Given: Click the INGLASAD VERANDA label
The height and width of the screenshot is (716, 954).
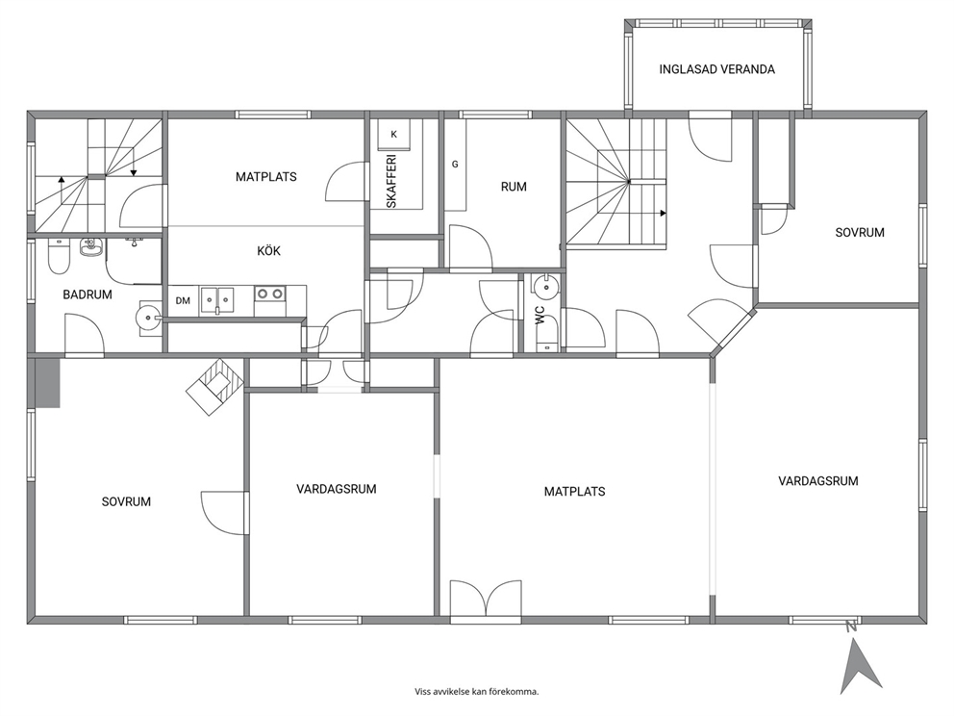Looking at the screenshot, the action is point(716,69).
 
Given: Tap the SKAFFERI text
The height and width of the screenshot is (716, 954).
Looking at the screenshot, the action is point(391,181).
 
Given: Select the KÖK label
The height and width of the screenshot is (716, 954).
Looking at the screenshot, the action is point(268,251).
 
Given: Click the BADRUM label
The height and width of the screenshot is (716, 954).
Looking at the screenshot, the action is point(88,294).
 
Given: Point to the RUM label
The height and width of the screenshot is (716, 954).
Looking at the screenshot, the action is point(514,187).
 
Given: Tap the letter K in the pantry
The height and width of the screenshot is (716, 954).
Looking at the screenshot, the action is point(393,135).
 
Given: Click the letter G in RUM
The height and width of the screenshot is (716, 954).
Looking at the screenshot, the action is point(455,165).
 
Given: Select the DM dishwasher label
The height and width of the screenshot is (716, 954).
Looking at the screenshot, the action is point(183,301).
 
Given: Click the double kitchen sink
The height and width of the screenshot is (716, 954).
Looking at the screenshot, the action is point(217,301).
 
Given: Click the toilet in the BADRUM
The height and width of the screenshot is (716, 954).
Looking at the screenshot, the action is point(60,256).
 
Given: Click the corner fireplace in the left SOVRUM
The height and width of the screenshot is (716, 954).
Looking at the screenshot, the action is point(214,386).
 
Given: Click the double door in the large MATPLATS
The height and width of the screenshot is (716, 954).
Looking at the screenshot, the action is point(486,601).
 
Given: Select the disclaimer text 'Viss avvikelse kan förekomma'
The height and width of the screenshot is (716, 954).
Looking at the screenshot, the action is point(476,692).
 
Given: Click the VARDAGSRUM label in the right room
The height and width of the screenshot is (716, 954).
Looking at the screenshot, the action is point(818,481).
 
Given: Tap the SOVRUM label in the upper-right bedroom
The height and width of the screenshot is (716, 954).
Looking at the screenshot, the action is point(859,233).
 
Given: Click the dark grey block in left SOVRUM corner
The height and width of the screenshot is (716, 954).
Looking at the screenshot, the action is point(47,382).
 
